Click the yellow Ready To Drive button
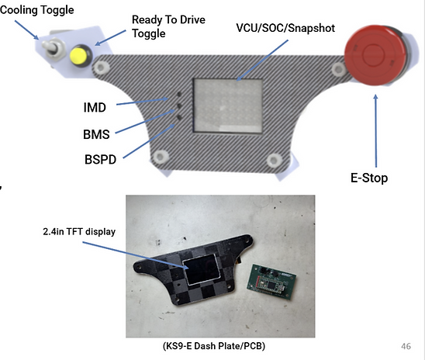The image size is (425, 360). point(79,56)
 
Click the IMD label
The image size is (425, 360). point(95,108)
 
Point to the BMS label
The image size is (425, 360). point(96,134)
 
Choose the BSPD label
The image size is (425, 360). point(100,159)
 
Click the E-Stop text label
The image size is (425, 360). point(369,178)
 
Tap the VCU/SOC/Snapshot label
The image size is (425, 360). point(285,28)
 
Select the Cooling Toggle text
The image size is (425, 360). point(37,10)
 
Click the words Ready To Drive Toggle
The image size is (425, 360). point(168,26)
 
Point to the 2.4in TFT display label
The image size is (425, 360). point(79,231)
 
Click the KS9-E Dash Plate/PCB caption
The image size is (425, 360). point(214,346)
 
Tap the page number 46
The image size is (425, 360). point(406,346)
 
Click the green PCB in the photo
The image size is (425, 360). point(271,282)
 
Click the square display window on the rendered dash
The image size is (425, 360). point(228,106)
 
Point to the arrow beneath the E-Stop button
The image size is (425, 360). point(375,130)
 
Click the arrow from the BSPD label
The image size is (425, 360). point(149,141)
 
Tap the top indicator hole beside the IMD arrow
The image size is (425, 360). point(179,95)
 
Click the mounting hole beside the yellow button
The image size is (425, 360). point(101,67)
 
